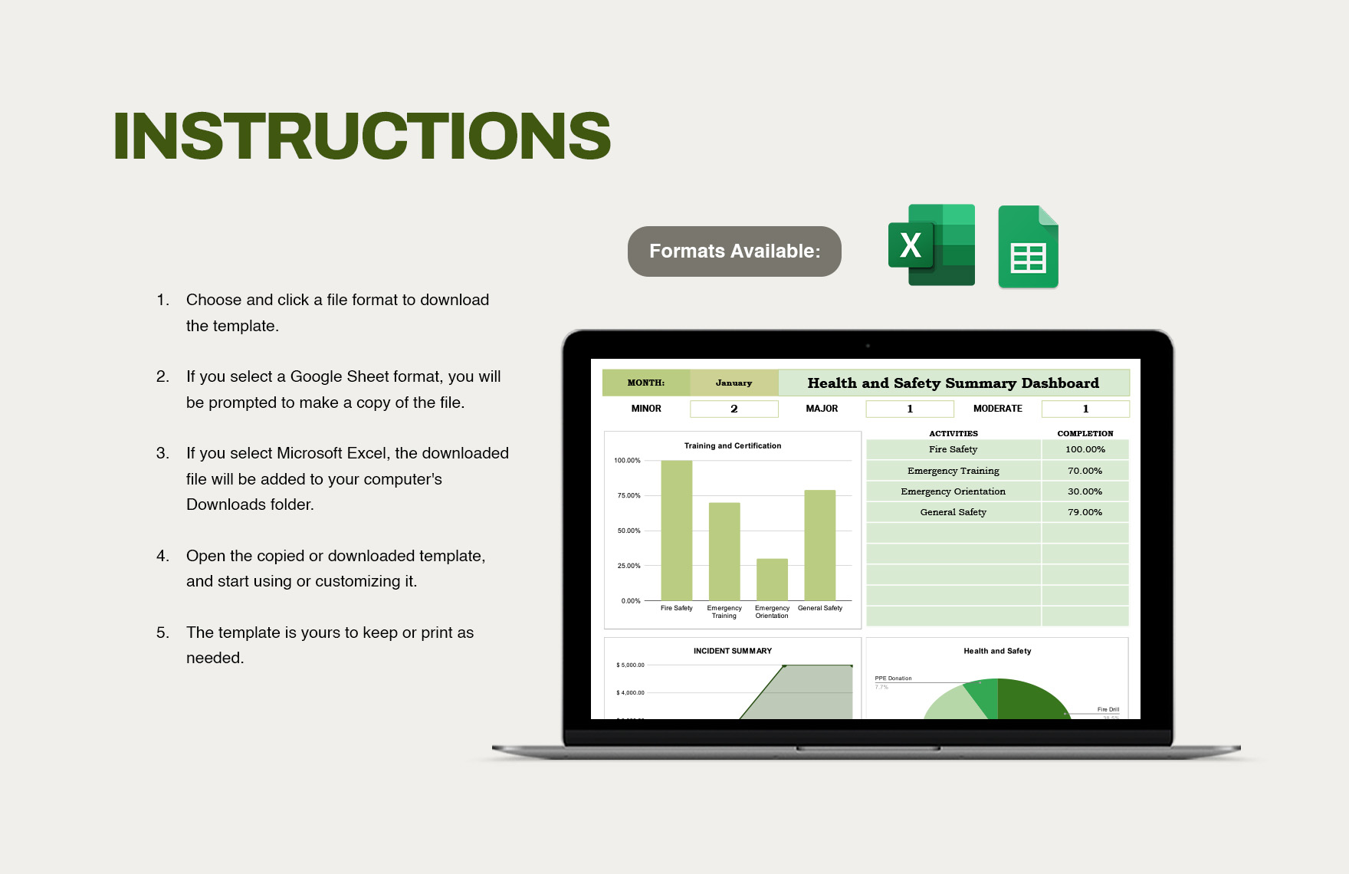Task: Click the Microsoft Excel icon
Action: (x=931, y=245)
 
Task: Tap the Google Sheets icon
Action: (x=1028, y=248)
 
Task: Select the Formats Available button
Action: (x=734, y=251)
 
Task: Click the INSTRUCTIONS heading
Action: (x=362, y=136)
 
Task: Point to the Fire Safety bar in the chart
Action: (x=676, y=530)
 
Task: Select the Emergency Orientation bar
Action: (x=772, y=579)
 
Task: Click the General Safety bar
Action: (x=819, y=544)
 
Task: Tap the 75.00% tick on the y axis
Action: (x=629, y=496)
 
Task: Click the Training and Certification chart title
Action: (x=733, y=445)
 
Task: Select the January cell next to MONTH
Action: (x=734, y=383)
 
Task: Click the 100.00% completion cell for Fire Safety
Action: (x=1085, y=449)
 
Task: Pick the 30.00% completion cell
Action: (x=1085, y=491)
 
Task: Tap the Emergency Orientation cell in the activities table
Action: (x=953, y=491)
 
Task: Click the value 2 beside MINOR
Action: (x=734, y=409)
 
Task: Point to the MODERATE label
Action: (x=997, y=409)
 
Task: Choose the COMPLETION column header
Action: (x=1085, y=433)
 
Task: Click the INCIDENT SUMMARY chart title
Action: (x=733, y=651)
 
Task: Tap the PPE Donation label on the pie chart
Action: (x=893, y=678)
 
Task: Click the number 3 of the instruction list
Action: (x=162, y=453)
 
